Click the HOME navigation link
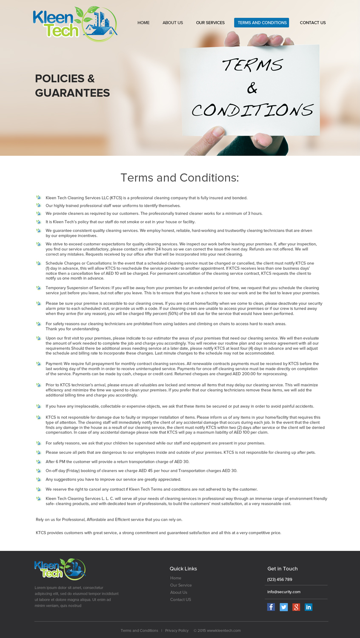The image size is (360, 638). (x=143, y=23)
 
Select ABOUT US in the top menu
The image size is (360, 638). (x=173, y=23)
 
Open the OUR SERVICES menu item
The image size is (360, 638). (x=210, y=23)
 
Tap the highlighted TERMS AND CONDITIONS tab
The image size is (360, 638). (x=262, y=23)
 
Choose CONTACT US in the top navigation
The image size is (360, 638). (x=313, y=23)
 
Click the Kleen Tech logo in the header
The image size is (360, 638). (x=75, y=24)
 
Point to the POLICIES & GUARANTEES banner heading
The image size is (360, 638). (x=72, y=85)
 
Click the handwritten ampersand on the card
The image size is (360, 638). (x=252, y=88)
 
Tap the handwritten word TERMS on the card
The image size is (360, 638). (x=253, y=66)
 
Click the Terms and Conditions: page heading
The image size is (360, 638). (x=180, y=178)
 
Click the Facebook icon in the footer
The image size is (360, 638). (x=271, y=607)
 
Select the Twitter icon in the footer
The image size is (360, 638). (x=284, y=607)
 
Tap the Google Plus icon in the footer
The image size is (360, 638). (x=296, y=607)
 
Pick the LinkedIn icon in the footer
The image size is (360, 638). (x=309, y=607)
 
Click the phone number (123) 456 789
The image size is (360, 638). (x=280, y=579)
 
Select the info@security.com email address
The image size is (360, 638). (x=284, y=592)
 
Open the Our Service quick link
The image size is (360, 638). (x=181, y=585)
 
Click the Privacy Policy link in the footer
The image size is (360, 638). (x=177, y=630)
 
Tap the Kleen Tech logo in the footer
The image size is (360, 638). (x=60, y=569)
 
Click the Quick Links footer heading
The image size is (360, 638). (x=183, y=569)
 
